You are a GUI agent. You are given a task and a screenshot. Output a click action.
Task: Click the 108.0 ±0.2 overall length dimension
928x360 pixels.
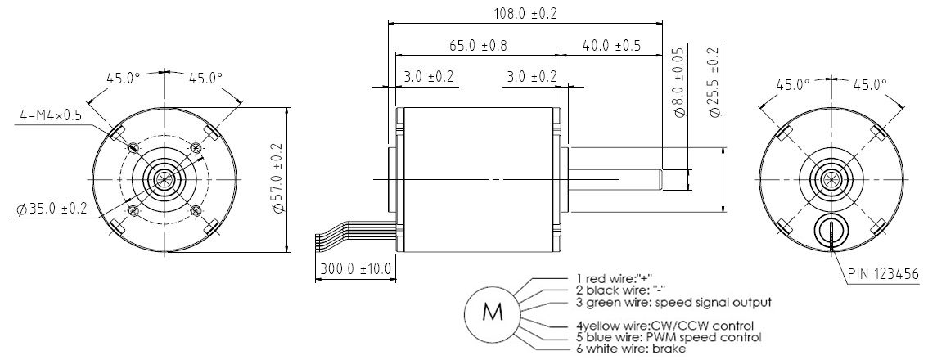click(x=525, y=13)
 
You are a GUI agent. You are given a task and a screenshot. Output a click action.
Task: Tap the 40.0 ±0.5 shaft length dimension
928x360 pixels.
click(x=611, y=46)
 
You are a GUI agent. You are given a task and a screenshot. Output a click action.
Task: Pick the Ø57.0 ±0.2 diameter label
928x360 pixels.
click(x=279, y=180)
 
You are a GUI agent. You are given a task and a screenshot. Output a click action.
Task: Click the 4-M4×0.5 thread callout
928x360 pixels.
click(x=51, y=115)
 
